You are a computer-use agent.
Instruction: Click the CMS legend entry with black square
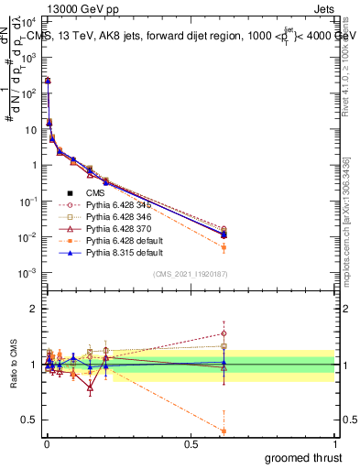95,193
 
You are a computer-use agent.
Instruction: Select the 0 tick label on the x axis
47,443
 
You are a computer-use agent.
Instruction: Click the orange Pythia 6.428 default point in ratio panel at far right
224,431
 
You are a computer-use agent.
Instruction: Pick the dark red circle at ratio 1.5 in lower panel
224,333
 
